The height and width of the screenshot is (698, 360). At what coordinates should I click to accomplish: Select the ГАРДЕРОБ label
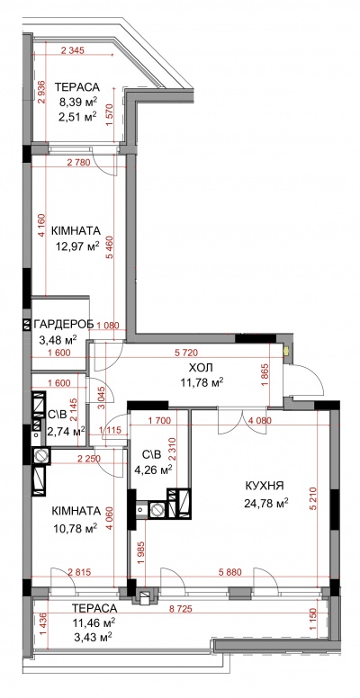[64, 324]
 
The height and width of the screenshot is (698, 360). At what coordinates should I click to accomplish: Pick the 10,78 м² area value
[76, 528]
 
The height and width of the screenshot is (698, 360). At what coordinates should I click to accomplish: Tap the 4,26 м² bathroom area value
[153, 469]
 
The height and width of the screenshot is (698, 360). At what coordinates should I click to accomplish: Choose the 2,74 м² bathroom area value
[66, 431]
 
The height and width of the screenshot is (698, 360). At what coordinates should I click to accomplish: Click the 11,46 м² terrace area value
[94, 622]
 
